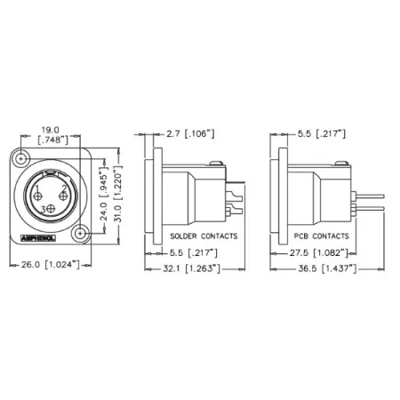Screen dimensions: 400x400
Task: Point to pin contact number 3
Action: coord(49,208)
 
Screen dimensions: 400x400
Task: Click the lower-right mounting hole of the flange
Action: coord(81,235)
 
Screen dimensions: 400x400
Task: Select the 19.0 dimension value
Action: coord(52,129)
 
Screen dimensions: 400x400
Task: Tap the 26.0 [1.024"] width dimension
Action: coord(52,265)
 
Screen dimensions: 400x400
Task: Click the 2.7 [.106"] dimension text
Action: coord(190,135)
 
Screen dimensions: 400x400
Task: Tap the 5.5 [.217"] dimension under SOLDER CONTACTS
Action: coord(194,252)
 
